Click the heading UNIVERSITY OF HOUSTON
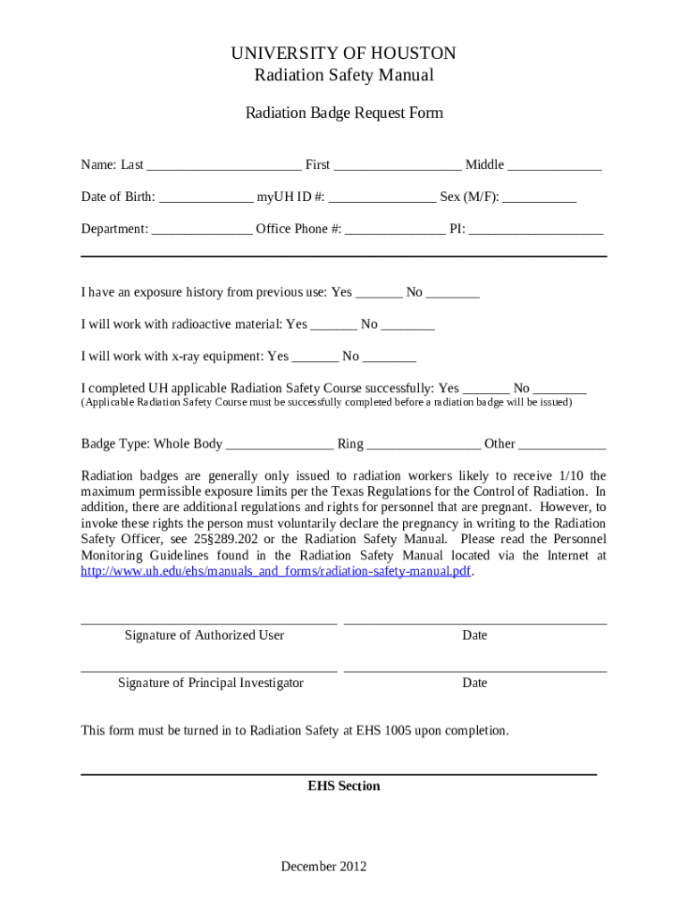point(343,54)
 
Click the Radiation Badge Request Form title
point(344,113)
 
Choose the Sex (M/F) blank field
point(539,198)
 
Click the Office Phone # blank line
point(395,231)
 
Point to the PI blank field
point(536,231)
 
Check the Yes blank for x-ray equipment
point(315,357)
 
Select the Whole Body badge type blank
point(280,445)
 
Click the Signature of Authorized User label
point(205,635)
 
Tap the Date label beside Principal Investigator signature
point(474,683)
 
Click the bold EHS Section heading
point(344,786)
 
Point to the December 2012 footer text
point(323,866)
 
